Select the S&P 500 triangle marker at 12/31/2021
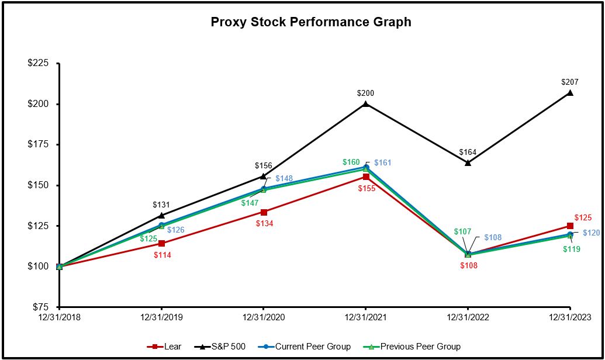point(366,104)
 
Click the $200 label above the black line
point(366,94)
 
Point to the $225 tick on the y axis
point(39,64)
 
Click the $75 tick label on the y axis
point(40,307)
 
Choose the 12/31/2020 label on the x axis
point(263,317)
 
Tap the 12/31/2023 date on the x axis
point(570,317)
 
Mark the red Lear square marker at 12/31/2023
point(570,226)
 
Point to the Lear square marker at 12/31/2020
point(264,212)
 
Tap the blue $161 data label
point(383,163)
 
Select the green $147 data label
point(249,202)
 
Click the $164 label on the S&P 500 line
point(468,153)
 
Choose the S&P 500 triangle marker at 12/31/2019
point(161,216)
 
